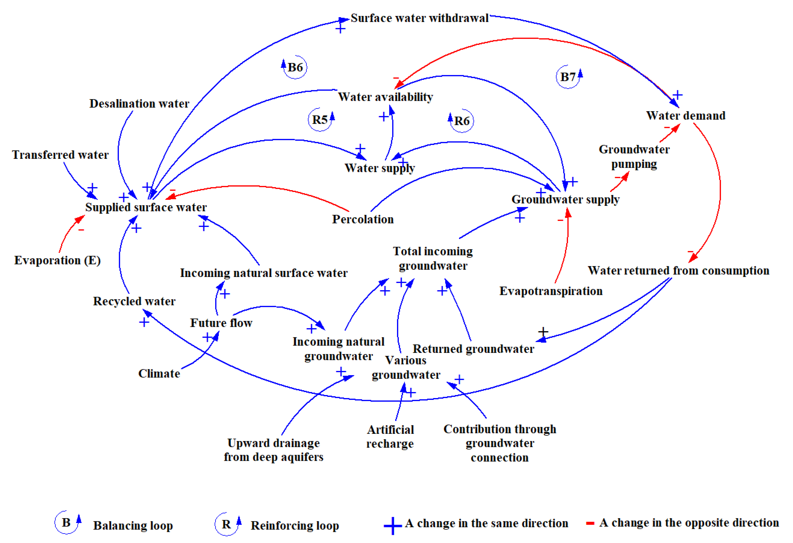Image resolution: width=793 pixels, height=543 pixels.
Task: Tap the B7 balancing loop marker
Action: point(568,77)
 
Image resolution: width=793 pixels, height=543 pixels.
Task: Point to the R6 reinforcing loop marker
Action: point(462,121)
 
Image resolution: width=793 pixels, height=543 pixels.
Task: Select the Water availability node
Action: point(385,97)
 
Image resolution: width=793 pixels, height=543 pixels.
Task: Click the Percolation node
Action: point(363,219)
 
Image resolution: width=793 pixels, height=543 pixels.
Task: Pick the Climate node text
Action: point(159,374)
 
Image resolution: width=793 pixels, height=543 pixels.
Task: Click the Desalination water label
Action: point(139,104)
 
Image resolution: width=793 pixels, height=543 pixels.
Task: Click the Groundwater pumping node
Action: point(634,157)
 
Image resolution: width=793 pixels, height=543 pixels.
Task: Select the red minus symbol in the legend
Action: point(590,523)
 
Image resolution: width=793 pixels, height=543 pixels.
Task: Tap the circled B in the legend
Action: point(66,522)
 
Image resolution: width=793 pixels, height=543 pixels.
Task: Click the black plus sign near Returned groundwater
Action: point(543,331)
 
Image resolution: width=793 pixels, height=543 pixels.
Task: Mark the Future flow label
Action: point(221,323)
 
